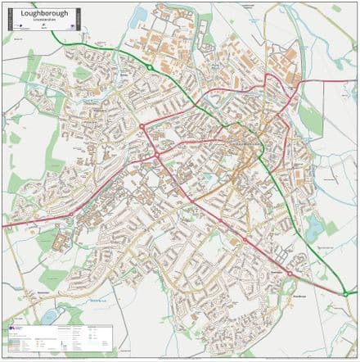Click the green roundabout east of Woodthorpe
pos(345,292)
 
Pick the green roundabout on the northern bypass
pos(151,67)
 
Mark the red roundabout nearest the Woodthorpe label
pos(289,274)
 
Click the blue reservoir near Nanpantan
pos(51,314)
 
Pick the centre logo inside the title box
pos(41,26)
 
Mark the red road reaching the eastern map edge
pos(353,80)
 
